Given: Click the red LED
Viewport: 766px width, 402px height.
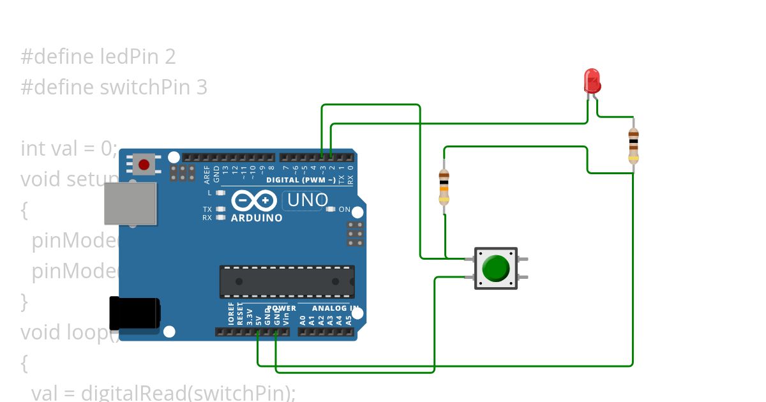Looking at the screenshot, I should pyautogui.click(x=592, y=81).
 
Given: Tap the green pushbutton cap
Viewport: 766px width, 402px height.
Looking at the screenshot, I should pyautogui.click(x=495, y=268).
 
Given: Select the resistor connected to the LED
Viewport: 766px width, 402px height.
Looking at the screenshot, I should pyautogui.click(x=633, y=146).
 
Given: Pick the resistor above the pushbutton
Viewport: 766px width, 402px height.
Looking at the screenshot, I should pyautogui.click(x=444, y=187).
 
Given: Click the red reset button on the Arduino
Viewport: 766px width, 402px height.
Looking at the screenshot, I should pyautogui.click(x=144, y=165).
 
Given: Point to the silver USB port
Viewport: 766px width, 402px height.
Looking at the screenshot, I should pyautogui.click(x=131, y=204).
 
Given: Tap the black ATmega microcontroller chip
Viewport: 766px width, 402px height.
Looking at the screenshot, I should pyautogui.click(x=287, y=281).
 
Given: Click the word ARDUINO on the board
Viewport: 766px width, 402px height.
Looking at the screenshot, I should pyautogui.click(x=257, y=218).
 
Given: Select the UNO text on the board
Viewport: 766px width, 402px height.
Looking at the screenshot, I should pyautogui.click(x=308, y=200).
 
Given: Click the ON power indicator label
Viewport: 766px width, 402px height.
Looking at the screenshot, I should pyautogui.click(x=344, y=209).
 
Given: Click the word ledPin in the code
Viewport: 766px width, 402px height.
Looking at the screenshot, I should pyautogui.click(x=131, y=57).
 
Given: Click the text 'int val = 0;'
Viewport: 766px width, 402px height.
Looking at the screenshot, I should pyautogui.click(x=69, y=148).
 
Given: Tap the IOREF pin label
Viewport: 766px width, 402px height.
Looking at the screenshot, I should pyautogui.click(x=231, y=315).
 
